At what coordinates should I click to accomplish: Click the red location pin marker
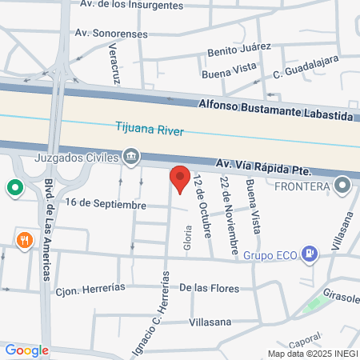pyautogui.click(x=180, y=178)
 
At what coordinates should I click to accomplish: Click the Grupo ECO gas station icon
pyautogui.click(x=311, y=256)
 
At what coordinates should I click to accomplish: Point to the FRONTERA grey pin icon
pyautogui.click(x=343, y=186)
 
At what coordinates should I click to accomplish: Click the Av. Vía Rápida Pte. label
pyautogui.click(x=263, y=169)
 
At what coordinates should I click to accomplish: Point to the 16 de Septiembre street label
pyautogui.click(x=106, y=205)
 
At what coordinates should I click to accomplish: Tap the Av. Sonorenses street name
pyautogui.click(x=110, y=33)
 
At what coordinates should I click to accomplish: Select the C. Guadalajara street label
pyautogui.click(x=306, y=67)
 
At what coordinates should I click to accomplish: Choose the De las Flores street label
pyautogui.click(x=210, y=287)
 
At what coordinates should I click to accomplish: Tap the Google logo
pyautogui.click(x=26, y=350)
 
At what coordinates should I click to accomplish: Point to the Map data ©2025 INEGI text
pyautogui.click(x=313, y=354)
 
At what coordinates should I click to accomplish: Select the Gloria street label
pyautogui.click(x=189, y=238)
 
